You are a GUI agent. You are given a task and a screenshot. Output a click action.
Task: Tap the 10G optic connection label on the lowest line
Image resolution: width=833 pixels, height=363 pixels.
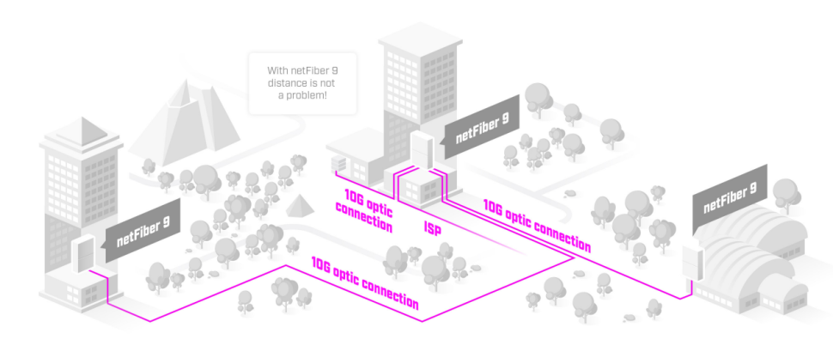coord(365,282)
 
